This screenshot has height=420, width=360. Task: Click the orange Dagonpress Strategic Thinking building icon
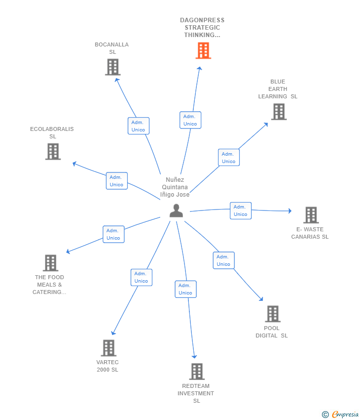tap(203, 50)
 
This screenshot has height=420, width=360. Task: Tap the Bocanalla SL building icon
tap(113, 67)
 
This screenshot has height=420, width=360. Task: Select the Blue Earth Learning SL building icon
tap(279, 112)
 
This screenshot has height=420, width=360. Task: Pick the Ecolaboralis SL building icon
tap(53, 151)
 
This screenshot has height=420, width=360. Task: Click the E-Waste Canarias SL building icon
tap(311, 215)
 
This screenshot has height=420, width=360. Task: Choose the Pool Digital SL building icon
tap(272, 314)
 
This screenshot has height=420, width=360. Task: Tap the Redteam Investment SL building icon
tap(197, 372)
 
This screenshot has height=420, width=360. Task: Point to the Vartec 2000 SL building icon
tap(108, 348)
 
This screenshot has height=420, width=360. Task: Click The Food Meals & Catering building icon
tap(50, 263)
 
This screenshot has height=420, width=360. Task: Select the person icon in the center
tap(176, 210)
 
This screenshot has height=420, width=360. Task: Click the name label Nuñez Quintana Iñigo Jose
tap(175, 187)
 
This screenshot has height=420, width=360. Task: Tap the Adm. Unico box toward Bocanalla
tap(138, 126)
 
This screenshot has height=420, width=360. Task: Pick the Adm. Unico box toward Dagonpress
tap(190, 120)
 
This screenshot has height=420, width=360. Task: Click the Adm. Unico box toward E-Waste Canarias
tap(240, 210)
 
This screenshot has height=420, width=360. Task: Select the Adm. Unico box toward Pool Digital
tap(224, 260)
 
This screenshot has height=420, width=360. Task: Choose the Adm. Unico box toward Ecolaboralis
tap(117, 181)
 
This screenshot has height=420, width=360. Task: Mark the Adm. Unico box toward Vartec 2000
tap(141, 277)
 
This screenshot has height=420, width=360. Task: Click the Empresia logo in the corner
tap(341, 414)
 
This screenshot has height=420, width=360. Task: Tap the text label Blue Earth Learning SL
tap(278, 89)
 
